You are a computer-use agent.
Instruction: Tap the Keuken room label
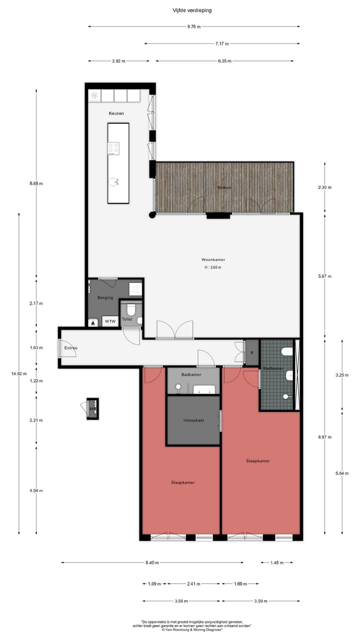pyautogui.click(x=116, y=113)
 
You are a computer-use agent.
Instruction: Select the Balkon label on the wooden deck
pyautogui.click(x=224, y=187)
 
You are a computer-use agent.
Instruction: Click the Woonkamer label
pyautogui.click(x=213, y=260)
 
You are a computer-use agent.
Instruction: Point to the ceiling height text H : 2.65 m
pyautogui.click(x=213, y=267)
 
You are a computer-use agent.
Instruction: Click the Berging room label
pyautogui.click(x=105, y=297)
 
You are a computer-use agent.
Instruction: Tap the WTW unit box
pyautogui.click(x=110, y=321)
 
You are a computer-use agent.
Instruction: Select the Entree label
pyautogui.click(x=70, y=347)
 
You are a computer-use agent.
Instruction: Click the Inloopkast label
pyautogui.click(x=193, y=420)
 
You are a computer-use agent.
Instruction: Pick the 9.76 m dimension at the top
pyautogui.click(x=194, y=26)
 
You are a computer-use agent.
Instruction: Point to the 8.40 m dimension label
pyautogui.click(x=152, y=562)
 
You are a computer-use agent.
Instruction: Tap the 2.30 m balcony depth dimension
pyautogui.click(x=325, y=187)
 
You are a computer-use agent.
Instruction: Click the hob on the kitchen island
pyautogui.click(x=113, y=148)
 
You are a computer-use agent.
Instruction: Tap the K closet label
pyautogui.click(x=252, y=352)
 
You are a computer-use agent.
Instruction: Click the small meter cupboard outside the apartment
pyautogui.click(x=92, y=408)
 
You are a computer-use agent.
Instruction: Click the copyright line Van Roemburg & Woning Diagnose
pyautogui.click(x=196, y=630)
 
